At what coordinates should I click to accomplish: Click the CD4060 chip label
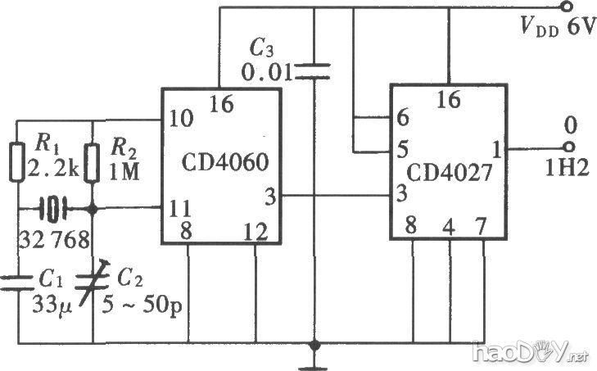pyautogui.click(x=219, y=161)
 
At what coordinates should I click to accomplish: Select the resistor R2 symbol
pyautogui.click(x=93, y=161)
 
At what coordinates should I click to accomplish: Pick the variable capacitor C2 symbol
pyautogui.click(x=93, y=282)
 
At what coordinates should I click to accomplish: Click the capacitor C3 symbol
pyautogui.click(x=314, y=72)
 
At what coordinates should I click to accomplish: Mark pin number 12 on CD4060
pyautogui.click(x=256, y=230)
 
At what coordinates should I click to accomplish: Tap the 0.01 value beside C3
pyautogui.click(x=266, y=74)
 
